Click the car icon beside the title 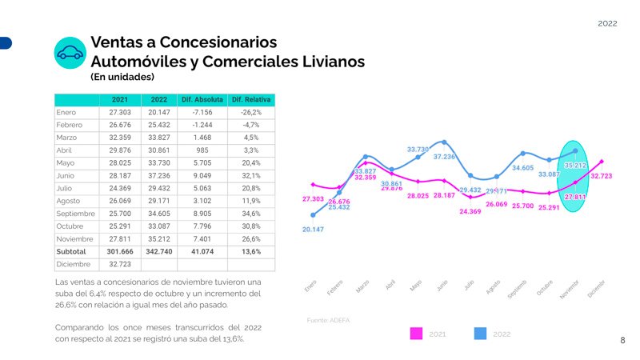click(x=70, y=53)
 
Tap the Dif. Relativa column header click(x=250, y=99)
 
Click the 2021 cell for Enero click(x=119, y=113)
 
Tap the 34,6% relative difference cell click(x=250, y=214)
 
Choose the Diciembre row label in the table click(x=72, y=264)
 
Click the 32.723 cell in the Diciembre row click(x=119, y=264)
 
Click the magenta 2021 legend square click(x=415, y=334)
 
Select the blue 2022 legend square click(x=481, y=334)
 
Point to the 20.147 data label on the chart click(x=313, y=230)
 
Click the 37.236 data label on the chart click(x=444, y=157)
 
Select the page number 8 click(x=623, y=341)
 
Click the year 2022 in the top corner click(x=607, y=25)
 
